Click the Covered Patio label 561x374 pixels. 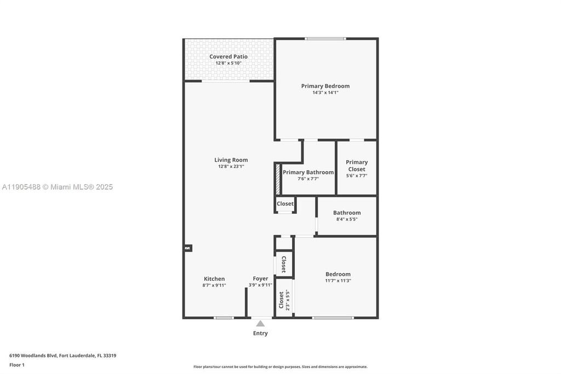[228, 56]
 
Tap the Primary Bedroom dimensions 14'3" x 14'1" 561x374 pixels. [325, 93]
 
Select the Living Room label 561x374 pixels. [231, 160]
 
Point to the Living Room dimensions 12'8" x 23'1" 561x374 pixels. [231, 167]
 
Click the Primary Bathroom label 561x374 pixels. [308, 172]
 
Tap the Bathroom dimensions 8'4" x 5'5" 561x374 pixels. [347, 219]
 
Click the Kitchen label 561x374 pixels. [214, 279]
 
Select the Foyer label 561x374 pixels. [260, 279]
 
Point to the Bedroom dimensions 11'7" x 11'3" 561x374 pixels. [338, 281]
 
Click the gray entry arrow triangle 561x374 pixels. [260, 324]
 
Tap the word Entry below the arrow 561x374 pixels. [260, 333]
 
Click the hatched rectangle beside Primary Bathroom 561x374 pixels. [278, 179]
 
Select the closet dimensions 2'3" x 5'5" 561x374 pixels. [287, 299]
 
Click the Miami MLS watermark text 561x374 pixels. [58, 187]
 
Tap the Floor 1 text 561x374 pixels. [17, 365]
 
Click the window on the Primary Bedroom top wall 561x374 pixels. [325, 38]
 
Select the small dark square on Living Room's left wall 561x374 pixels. [187, 248]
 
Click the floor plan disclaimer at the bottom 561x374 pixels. [280, 367]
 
